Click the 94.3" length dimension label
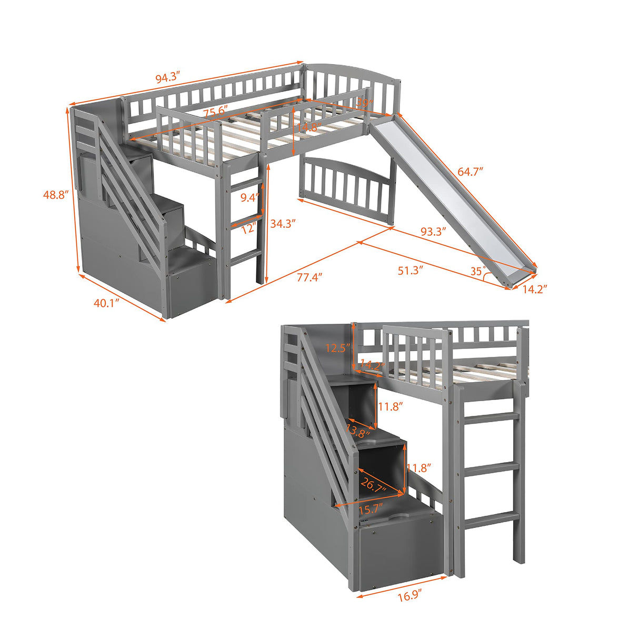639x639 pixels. [x=168, y=78]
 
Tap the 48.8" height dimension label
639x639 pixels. [x=56, y=194]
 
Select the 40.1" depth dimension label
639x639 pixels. [x=107, y=303]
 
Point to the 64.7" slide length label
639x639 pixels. [x=470, y=172]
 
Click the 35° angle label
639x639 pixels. [x=477, y=271]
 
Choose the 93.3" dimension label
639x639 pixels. [x=433, y=231]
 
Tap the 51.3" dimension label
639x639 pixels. [x=411, y=270]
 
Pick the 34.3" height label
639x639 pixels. [x=283, y=223]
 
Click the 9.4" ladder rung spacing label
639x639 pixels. [x=249, y=198]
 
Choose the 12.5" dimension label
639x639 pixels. [x=337, y=348]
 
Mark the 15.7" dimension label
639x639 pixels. [x=370, y=510]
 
